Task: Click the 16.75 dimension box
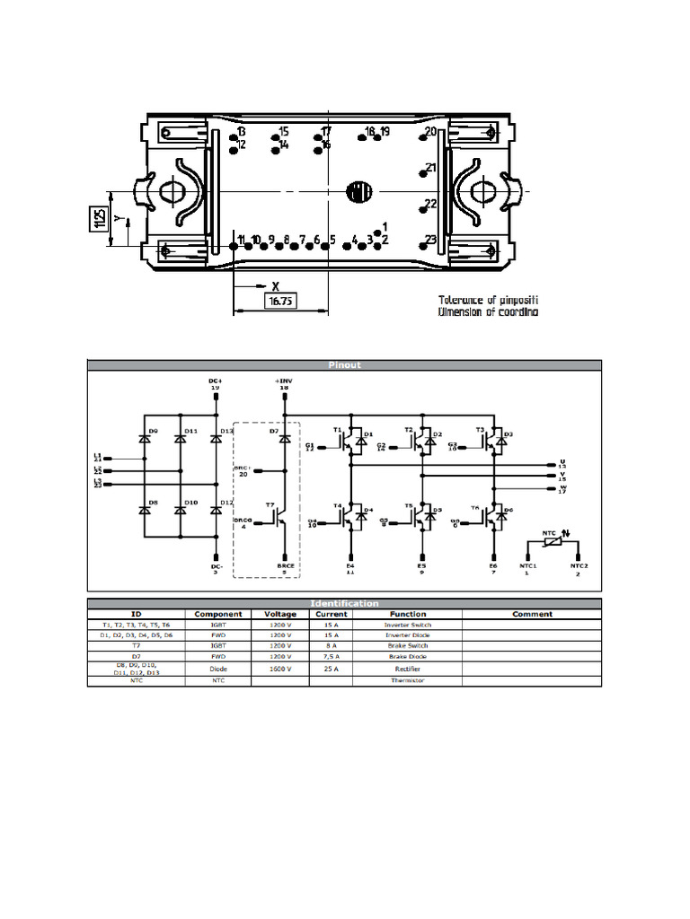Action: coord(281,302)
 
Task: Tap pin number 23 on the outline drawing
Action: coord(431,240)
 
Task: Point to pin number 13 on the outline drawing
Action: coord(241,132)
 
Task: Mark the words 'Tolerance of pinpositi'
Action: coord(488,300)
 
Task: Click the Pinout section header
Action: coord(344,365)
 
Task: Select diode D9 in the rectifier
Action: coord(144,438)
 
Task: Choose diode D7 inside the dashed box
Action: coord(284,438)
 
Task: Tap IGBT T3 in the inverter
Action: coord(491,438)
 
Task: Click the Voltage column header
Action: coord(280,615)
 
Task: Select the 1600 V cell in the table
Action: coord(280,669)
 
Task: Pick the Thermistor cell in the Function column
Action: coord(407,680)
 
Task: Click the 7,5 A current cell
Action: coord(331,657)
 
